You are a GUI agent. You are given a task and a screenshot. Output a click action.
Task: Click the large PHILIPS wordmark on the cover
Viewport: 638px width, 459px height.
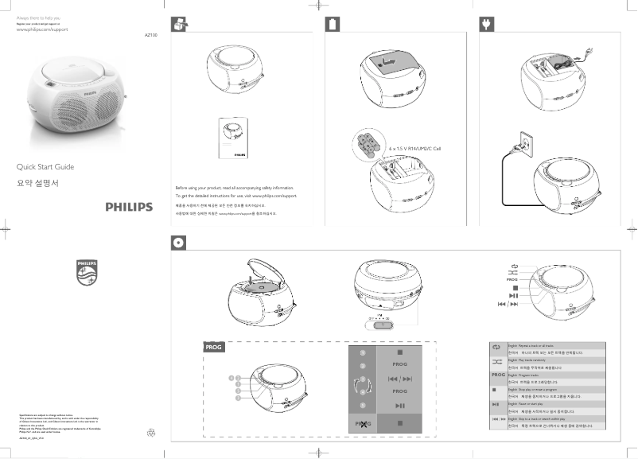pyautogui.click(x=128, y=207)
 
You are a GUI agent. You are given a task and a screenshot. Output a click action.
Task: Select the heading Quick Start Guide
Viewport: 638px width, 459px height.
pyautogui.click(x=45, y=167)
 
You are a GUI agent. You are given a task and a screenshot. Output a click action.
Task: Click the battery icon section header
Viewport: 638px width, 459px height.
pyautogui.click(x=333, y=25)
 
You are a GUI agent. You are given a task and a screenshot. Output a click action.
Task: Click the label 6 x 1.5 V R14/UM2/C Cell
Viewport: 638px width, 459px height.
pyautogui.click(x=414, y=149)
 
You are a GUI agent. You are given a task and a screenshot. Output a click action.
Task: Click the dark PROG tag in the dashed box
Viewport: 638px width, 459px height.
pyautogui.click(x=212, y=348)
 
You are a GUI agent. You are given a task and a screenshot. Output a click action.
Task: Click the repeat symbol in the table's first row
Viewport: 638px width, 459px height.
pyautogui.click(x=497, y=348)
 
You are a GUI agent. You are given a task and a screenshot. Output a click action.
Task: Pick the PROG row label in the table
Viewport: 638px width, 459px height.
pyautogui.click(x=497, y=375)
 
